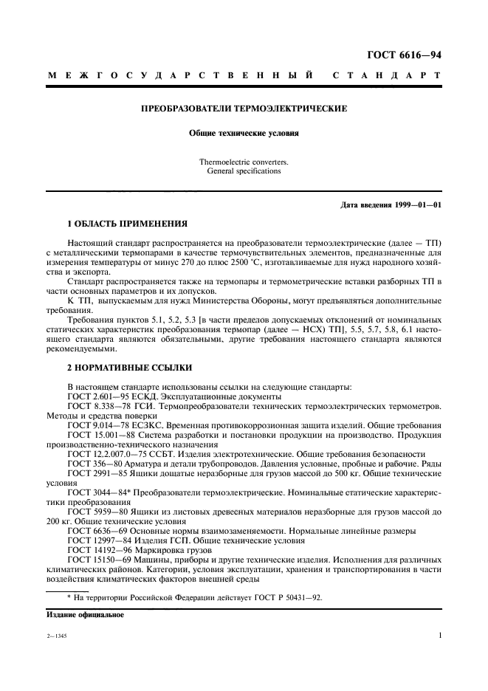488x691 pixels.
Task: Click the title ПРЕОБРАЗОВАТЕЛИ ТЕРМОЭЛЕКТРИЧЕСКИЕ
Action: (244, 109)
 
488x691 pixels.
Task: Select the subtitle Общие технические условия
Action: (244, 134)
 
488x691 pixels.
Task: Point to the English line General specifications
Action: (244, 171)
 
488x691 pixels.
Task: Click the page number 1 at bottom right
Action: (439, 635)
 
